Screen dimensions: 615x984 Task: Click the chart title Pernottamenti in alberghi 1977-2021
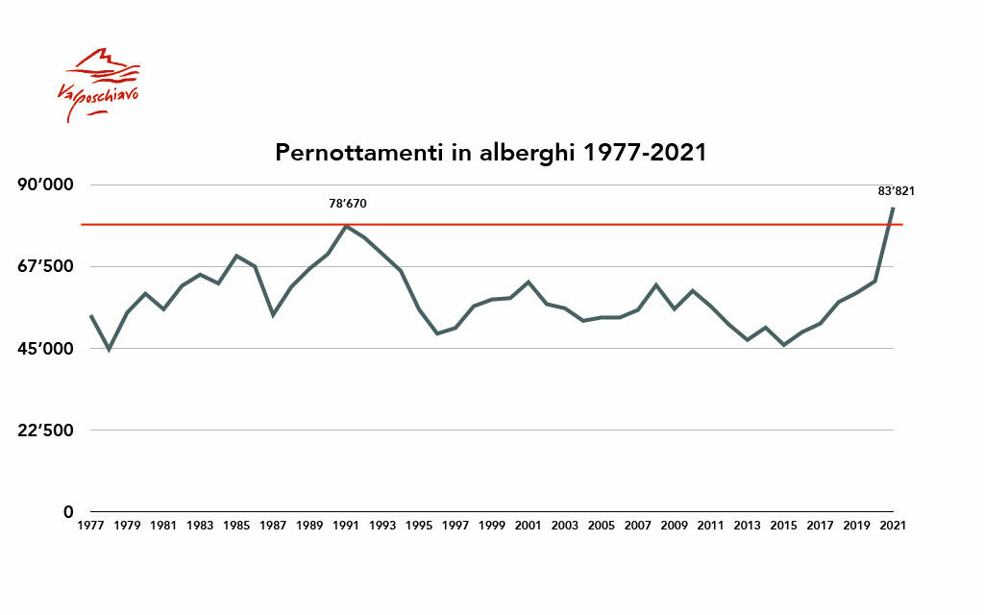(x=491, y=153)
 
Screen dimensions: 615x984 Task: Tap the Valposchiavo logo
(x=101, y=85)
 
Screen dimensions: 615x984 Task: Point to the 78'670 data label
(x=348, y=204)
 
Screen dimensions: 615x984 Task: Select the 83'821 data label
(x=896, y=191)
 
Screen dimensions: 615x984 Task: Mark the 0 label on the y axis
(x=66, y=511)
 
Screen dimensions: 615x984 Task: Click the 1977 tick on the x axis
(x=90, y=526)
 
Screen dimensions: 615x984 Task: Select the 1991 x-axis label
(x=346, y=526)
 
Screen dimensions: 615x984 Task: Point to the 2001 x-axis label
(x=529, y=526)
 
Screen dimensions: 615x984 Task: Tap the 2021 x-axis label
(x=893, y=526)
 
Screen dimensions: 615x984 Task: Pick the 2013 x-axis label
(x=747, y=526)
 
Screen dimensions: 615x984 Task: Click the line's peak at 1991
(x=346, y=226)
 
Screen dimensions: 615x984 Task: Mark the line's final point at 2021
(x=893, y=208)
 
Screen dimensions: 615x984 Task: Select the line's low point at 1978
(x=109, y=349)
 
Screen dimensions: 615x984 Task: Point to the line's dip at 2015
(x=784, y=345)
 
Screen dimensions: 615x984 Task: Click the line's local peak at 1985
(x=236, y=256)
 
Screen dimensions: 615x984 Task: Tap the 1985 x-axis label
(x=236, y=526)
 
